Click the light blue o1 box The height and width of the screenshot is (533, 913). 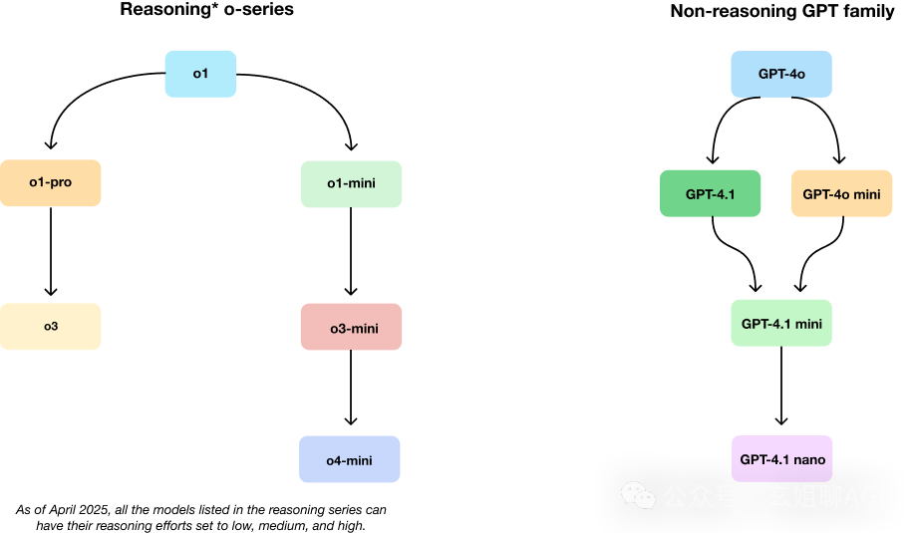coord(200,74)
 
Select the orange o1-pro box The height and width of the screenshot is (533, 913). coord(50,182)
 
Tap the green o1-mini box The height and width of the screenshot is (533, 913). coord(351,184)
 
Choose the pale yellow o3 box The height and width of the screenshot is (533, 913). coord(50,327)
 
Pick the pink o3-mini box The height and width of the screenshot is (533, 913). coord(352,327)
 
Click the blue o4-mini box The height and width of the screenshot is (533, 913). coord(350,459)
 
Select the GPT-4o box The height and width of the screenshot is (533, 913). coord(781,74)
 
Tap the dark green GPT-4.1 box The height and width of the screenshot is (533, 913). coord(711,193)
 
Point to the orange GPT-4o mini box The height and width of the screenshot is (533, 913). coord(842,193)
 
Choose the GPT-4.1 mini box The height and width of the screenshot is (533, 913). coord(781,323)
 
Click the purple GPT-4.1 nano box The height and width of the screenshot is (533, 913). coord(781,459)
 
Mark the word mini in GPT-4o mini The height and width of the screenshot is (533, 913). coord(866,194)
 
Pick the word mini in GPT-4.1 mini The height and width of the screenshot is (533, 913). coord(808,324)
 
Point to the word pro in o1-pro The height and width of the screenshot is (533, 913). coord(61,182)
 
